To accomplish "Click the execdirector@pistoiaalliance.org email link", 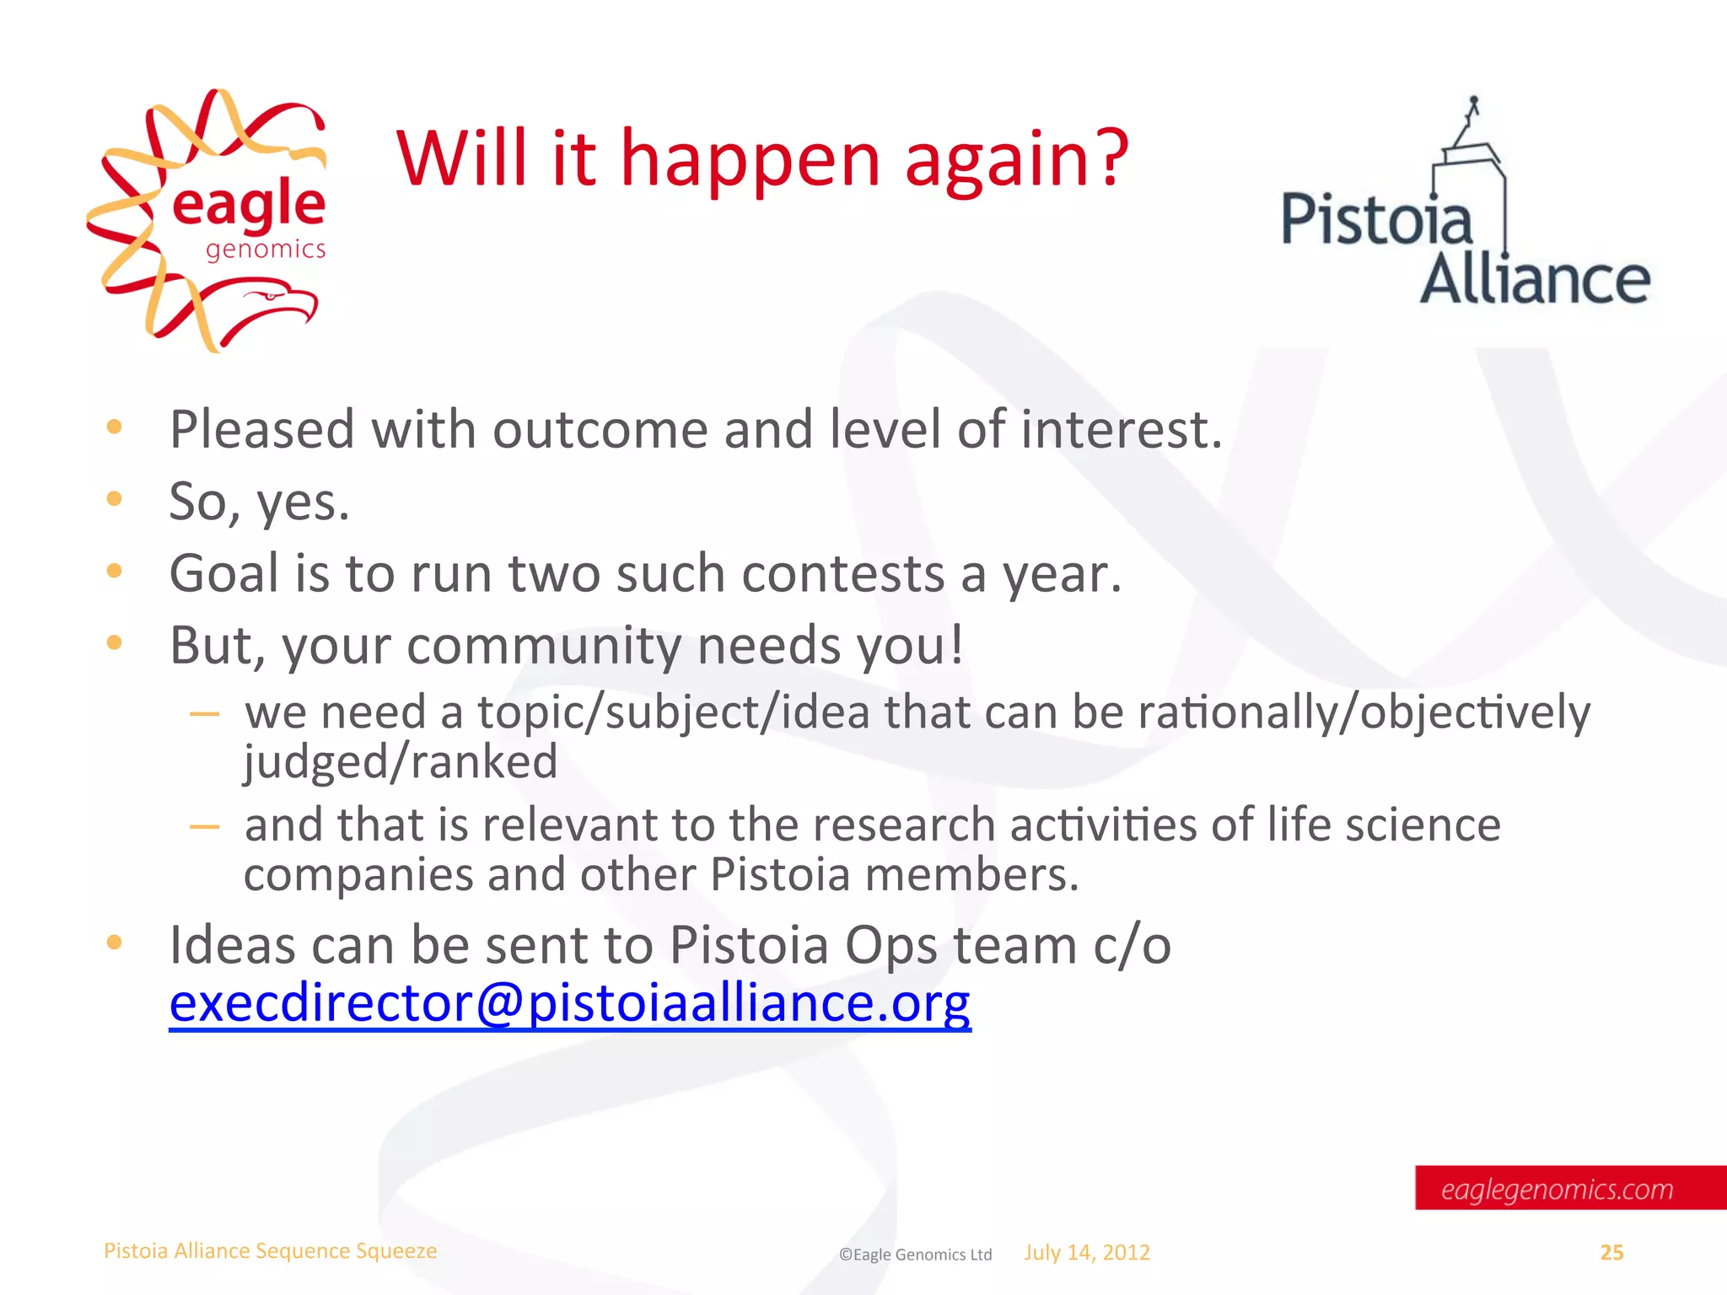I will click(570, 1003).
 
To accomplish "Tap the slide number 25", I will click(1611, 1253).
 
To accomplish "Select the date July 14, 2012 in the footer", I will click(1087, 1253).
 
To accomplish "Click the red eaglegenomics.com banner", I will click(1557, 1189).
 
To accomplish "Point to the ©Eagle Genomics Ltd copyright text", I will click(915, 1255).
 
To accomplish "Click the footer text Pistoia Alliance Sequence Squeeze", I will click(270, 1251).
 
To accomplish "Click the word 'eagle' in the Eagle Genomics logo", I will click(248, 205).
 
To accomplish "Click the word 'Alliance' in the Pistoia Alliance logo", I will click(1535, 280).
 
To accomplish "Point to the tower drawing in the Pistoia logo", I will click(1471, 160).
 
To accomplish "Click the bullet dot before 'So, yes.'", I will click(115, 499).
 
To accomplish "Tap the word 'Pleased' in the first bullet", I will click(262, 430).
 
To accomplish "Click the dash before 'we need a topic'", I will click(204, 714).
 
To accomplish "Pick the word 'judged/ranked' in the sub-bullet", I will click(401, 762).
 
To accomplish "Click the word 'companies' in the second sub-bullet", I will click(358, 875).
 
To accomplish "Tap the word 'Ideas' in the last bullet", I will click(233, 945).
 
